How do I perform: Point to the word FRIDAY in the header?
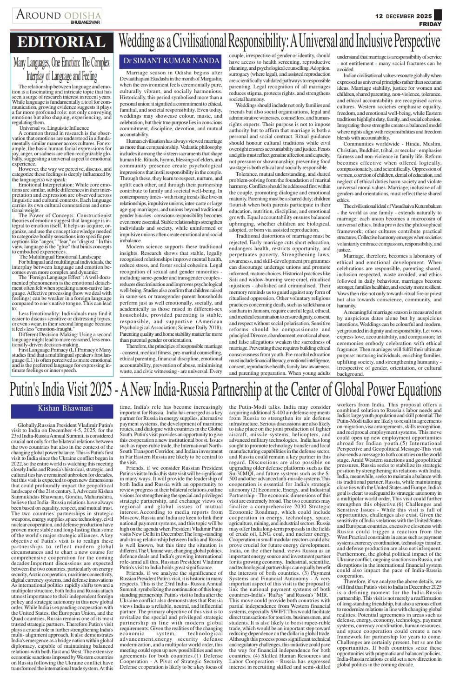tap(430, 24)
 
